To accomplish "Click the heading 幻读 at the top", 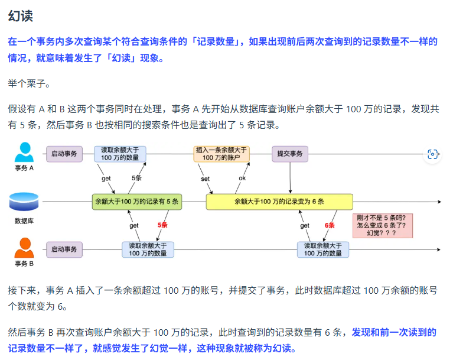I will pyautogui.click(x=20, y=17).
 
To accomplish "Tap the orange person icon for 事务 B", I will pyautogui.click(x=24, y=247).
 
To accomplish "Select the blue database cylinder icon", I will pyautogui.click(x=24, y=202).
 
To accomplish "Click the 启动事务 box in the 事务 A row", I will pyautogui.click(x=64, y=154).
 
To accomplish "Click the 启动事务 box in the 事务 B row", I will pyautogui.click(x=64, y=249).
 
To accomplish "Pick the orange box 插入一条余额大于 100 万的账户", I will pyautogui.click(x=221, y=154).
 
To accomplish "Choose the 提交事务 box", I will pyautogui.click(x=290, y=154).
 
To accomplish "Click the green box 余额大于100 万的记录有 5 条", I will pyautogui.click(x=136, y=202).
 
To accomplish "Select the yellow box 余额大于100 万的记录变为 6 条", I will pyautogui.click(x=279, y=202).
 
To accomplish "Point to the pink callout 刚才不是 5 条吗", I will pyautogui.click(x=382, y=225).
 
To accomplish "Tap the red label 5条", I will pyautogui.click(x=163, y=225).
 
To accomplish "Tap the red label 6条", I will pyautogui.click(x=330, y=225).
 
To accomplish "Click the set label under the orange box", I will pyautogui.click(x=205, y=178).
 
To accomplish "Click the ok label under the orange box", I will pyautogui.click(x=242, y=178).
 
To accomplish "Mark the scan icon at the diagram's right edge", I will pyautogui.click(x=433, y=154).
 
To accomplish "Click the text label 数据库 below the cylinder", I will pyautogui.click(x=24, y=221).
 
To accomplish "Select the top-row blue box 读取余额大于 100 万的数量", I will pyautogui.click(x=120, y=154).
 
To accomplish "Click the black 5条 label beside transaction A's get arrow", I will pyautogui.click(x=137, y=178).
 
